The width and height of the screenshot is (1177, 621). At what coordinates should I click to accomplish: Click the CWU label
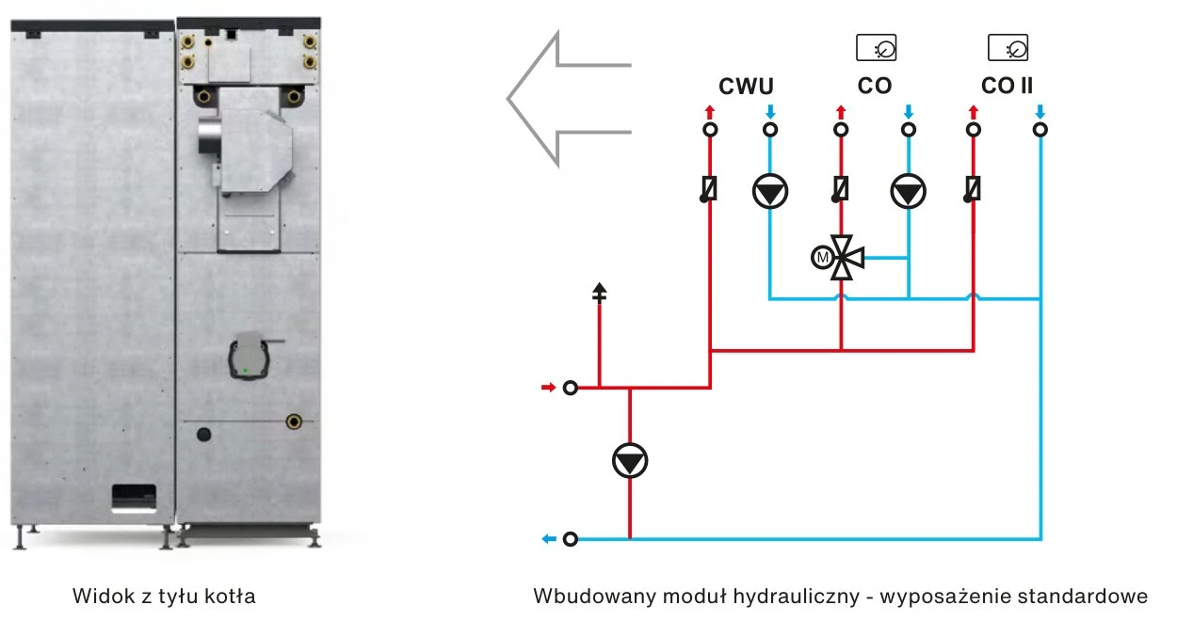click(x=746, y=86)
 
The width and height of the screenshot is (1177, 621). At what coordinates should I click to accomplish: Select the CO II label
click(x=1007, y=86)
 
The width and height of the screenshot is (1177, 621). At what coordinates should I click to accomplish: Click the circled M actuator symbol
click(x=822, y=258)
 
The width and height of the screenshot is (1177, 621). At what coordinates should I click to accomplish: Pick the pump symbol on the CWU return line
click(x=770, y=191)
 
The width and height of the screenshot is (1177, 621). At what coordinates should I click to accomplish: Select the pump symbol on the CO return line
click(x=908, y=191)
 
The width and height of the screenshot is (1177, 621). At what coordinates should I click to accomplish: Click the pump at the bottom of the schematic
click(x=630, y=461)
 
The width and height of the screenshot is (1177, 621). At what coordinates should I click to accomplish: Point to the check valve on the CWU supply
click(x=708, y=189)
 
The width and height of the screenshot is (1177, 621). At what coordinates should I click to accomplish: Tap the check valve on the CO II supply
click(x=972, y=189)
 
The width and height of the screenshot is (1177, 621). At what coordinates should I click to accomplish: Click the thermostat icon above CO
click(x=877, y=48)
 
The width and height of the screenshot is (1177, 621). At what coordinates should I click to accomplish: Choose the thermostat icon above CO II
click(x=1008, y=48)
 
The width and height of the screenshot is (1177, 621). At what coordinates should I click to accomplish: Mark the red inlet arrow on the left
click(x=548, y=388)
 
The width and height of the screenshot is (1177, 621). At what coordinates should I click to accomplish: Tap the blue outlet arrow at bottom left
click(x=549, y=538)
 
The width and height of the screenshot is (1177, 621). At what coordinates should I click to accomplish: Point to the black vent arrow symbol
click(x=600, y=293)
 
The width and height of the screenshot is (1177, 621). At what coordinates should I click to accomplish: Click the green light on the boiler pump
click(x=246, y=371)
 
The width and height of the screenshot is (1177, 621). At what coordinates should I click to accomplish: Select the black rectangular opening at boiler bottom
click(x=134, y=495)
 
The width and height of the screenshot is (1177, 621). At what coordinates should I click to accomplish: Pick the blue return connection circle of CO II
click(x=1040, y=130)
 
